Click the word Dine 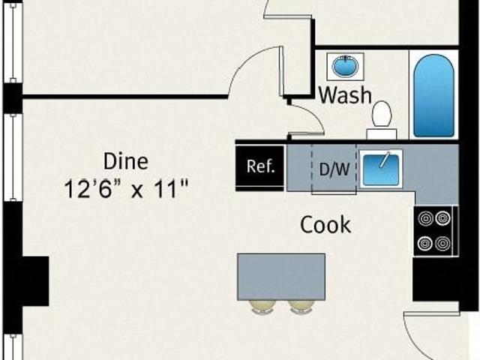(x=125, y=160)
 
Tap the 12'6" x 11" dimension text (x=125, y=187)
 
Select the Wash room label (x=345, y=95)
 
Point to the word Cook (x=325, y=224)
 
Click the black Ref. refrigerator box (x=260, y=166)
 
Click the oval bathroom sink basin (x=346, y=67)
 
